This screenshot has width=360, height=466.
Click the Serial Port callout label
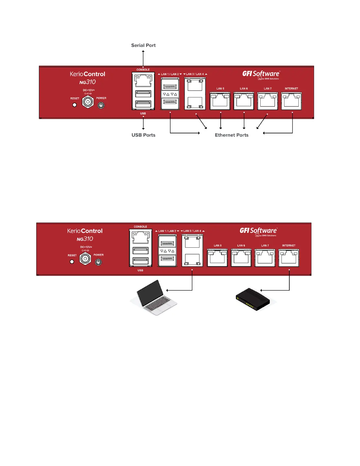(143, 45)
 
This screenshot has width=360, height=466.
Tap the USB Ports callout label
(143, 135)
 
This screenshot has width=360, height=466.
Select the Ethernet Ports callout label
(231, 135)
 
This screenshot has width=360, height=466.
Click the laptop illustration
(154, 298)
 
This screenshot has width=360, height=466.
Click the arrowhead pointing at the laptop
(167, 290)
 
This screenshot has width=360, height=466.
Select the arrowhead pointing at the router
(261, 290)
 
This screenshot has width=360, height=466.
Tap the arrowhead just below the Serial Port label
(143, 51)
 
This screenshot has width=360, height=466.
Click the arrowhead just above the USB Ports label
(143, 128)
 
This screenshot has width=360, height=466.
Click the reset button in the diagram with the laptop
(72, 262)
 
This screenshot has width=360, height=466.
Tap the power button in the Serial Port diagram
(101, 105)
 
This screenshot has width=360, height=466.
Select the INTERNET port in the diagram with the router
(289, 258)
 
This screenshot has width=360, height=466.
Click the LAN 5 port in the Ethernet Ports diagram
(220, 101)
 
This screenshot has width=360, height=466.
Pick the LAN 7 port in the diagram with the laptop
(265, 258)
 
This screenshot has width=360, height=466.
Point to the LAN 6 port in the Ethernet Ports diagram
(244, 101)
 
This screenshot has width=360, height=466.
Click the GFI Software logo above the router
(258, 231)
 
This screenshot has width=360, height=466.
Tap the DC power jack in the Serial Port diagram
(88, 102)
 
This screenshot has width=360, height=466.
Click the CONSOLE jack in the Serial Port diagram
(143, 80)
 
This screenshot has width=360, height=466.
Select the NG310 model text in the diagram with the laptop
(85, 239)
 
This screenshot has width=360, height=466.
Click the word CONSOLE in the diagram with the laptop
(140, 227)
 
